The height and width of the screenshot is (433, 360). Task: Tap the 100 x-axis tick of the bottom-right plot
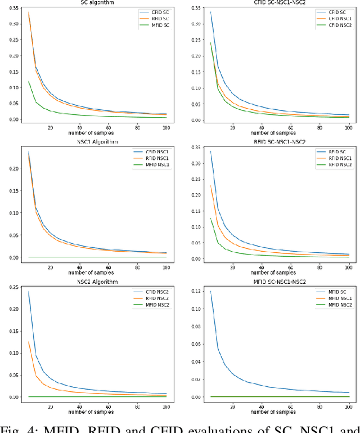(349, 407)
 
